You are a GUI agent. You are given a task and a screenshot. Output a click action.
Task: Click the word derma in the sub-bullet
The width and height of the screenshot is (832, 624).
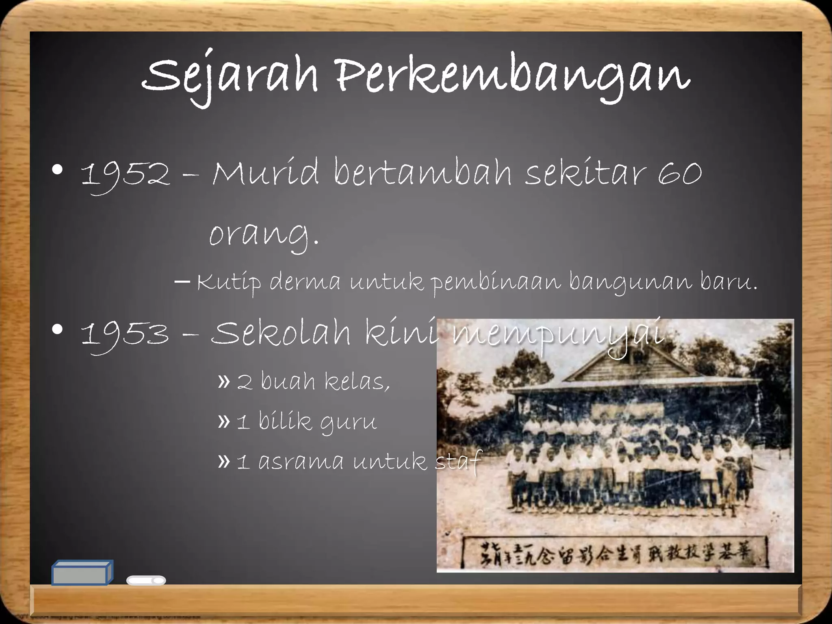coord(305,283)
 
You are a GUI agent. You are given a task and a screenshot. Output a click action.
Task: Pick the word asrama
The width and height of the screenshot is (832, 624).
coord(301,462)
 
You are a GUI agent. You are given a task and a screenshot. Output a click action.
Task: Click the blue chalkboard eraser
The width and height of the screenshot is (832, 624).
coord(82,573)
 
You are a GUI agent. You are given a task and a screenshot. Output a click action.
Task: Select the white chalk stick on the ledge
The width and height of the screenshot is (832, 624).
coord(146,581)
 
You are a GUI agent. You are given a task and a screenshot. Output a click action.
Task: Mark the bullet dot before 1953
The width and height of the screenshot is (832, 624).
coord(58,330)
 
